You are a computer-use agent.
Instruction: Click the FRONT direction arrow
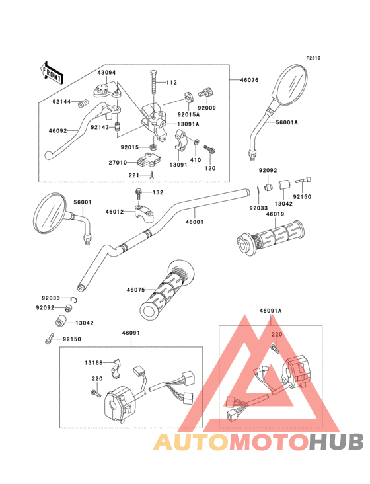51,73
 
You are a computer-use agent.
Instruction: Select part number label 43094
106,73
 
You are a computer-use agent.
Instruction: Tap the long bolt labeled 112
154,83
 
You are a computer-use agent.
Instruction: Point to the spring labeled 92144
83,103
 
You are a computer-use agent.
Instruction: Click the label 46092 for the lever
57,130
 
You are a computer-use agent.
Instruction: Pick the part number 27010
118,163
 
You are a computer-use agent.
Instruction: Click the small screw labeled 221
151,175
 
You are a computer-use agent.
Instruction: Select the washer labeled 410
196,142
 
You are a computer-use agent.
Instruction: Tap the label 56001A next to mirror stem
287,122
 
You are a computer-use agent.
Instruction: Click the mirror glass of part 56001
51,213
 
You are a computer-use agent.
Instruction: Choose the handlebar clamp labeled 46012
144,212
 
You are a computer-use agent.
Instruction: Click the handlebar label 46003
194,222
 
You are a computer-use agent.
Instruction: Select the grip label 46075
135,290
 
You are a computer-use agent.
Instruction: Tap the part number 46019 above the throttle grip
275,214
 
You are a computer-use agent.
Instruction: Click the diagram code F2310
313,58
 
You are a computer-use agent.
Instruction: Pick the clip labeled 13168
116,368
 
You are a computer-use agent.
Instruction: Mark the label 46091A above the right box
270,311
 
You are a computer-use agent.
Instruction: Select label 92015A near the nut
189,114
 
